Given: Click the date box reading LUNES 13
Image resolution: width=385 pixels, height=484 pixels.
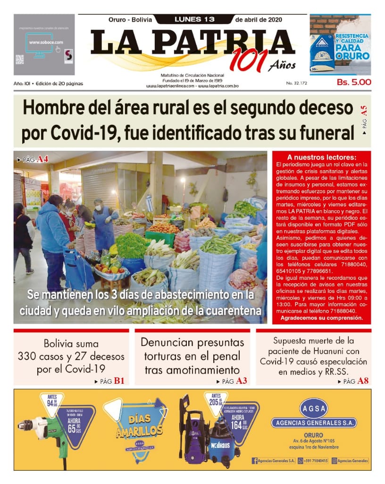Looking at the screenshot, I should (x=194, y=19).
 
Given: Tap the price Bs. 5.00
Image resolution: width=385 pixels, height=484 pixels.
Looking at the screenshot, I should (x=354, y=82).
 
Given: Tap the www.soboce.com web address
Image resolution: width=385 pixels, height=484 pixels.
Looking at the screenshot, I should (x=43, y=42).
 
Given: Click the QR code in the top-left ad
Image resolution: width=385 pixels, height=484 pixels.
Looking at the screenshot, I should (x=19, y=59).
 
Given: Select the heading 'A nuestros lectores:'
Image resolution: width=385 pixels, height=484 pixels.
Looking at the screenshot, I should (x=321, y=157).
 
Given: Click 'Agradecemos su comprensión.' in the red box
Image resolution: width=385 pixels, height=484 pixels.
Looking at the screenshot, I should (x=321, y=318).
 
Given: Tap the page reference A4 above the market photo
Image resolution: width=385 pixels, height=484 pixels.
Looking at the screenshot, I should (x=42, y=159).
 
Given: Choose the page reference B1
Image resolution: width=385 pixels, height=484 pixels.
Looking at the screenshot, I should (x=119, y=381).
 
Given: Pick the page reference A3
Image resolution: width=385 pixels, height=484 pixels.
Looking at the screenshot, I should (x=242, y=381).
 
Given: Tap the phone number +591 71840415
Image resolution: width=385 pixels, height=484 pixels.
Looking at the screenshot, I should (x=315, y=460).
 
